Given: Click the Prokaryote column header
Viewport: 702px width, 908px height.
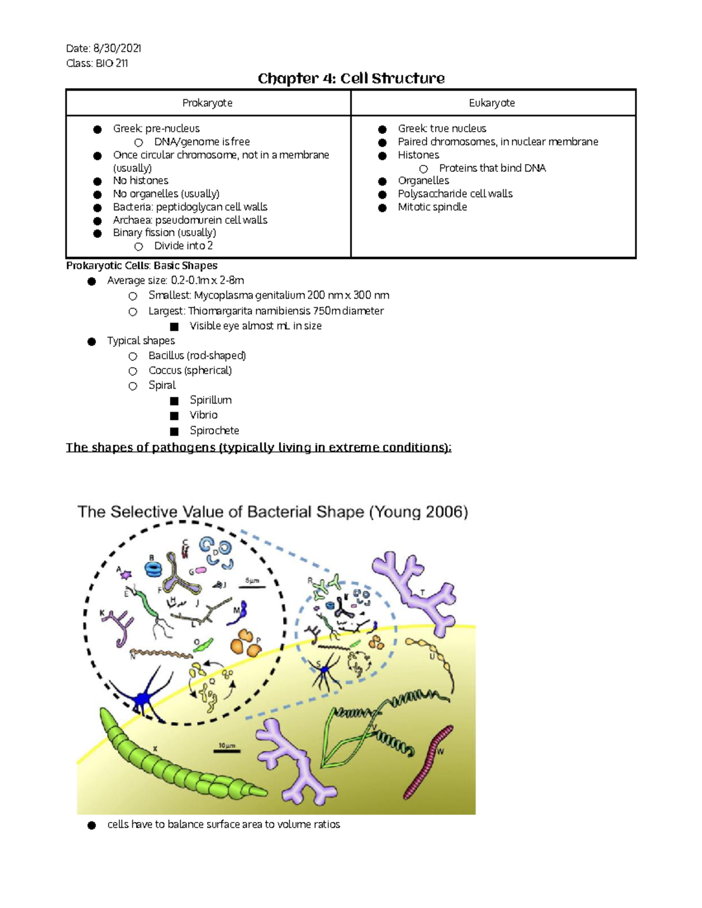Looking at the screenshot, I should point(207,103).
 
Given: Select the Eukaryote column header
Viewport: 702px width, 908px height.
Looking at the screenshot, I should point(491,103).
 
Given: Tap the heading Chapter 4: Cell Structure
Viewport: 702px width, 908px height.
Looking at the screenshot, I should point(351,78).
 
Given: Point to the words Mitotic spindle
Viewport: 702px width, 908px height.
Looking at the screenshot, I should point(432,207).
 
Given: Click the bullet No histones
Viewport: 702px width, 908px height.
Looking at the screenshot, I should point(140,181).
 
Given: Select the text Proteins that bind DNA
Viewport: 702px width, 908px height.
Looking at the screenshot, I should point(492,168).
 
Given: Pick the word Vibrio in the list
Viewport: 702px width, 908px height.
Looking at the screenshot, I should point(204,415).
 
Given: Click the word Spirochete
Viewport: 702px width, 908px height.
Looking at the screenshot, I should point(214,430).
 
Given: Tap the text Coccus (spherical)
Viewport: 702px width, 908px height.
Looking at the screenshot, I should point(190,371).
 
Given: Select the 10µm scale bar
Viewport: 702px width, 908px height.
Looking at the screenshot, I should point(226,751).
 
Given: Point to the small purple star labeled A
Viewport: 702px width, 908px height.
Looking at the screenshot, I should point(126,575).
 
